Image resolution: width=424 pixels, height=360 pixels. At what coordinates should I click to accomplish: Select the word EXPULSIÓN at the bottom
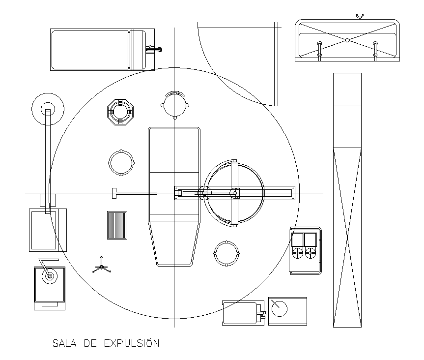(132, 343)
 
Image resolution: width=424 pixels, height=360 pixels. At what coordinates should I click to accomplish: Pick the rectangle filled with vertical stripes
(117, 225)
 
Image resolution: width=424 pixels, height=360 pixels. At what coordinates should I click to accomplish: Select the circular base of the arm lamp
(48, 109)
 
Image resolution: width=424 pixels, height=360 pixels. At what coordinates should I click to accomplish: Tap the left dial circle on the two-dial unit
(298, 254)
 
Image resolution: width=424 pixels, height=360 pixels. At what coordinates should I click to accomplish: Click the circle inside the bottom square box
(279, 309)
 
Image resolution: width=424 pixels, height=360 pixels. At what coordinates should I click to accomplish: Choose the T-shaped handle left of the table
(114, 193)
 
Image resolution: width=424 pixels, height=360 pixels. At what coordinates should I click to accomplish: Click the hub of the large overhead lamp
(234, 193)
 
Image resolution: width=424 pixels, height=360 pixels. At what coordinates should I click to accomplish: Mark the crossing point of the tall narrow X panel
(347, 239)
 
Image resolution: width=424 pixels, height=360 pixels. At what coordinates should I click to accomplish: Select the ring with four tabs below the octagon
(120, 162)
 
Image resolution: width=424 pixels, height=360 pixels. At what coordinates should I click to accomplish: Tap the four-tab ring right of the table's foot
(226, 253)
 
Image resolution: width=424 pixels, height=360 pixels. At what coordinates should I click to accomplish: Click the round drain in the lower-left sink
(49, 276)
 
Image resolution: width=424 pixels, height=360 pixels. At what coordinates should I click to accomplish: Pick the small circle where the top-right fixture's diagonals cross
(347, 40)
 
